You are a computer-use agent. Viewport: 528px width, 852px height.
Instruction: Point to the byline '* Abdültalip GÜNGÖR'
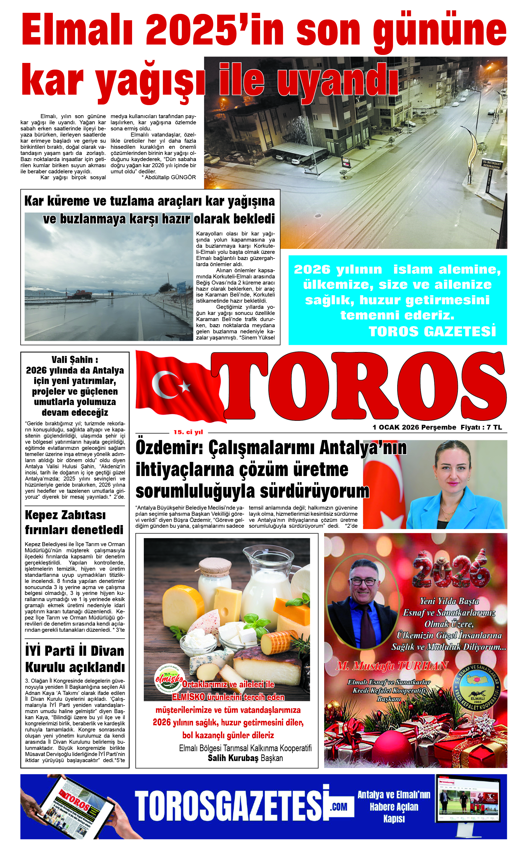pos(169,177)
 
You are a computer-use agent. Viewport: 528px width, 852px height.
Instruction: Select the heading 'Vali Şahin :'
pos(75,359)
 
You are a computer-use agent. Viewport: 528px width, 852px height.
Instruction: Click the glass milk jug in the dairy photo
pos(265,579)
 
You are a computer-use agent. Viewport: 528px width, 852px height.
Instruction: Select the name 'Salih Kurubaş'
pos(233,758)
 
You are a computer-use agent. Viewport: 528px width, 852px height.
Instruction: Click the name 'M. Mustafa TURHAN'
pos(392,666)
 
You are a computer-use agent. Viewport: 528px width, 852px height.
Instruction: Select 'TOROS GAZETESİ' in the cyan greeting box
pos(432,331)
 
